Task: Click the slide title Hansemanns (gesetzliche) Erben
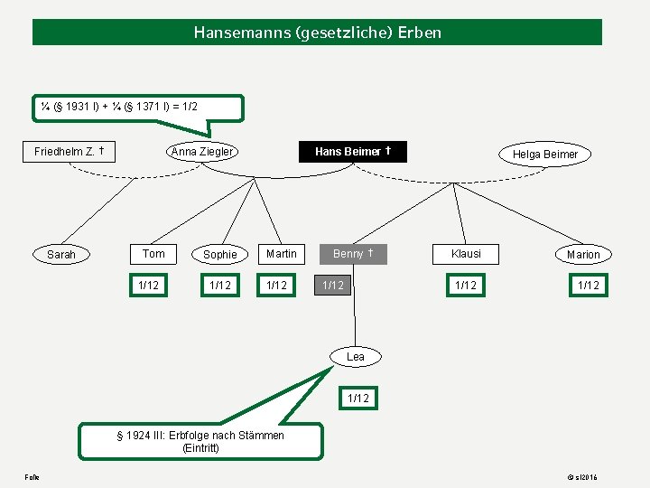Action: (317, 33)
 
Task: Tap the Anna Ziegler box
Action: (202, 151)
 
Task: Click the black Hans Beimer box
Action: (353, 151)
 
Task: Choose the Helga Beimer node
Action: (545, 155)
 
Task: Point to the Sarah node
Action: (61, 255)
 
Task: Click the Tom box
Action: (154, 254)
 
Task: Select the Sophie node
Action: (220, 255)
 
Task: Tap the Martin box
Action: (282, 254)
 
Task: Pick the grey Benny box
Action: (354, 254)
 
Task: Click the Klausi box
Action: (466, 254)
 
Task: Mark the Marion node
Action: (583, 255)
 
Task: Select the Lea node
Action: (356, 357)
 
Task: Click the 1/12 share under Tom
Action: (148, 286)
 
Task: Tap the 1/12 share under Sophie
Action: (220, 286)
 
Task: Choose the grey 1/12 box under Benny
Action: (333, 286)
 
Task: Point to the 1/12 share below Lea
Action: (358, 398)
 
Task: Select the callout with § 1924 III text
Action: (200, 441)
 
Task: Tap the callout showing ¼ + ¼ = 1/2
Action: (140, 107)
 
